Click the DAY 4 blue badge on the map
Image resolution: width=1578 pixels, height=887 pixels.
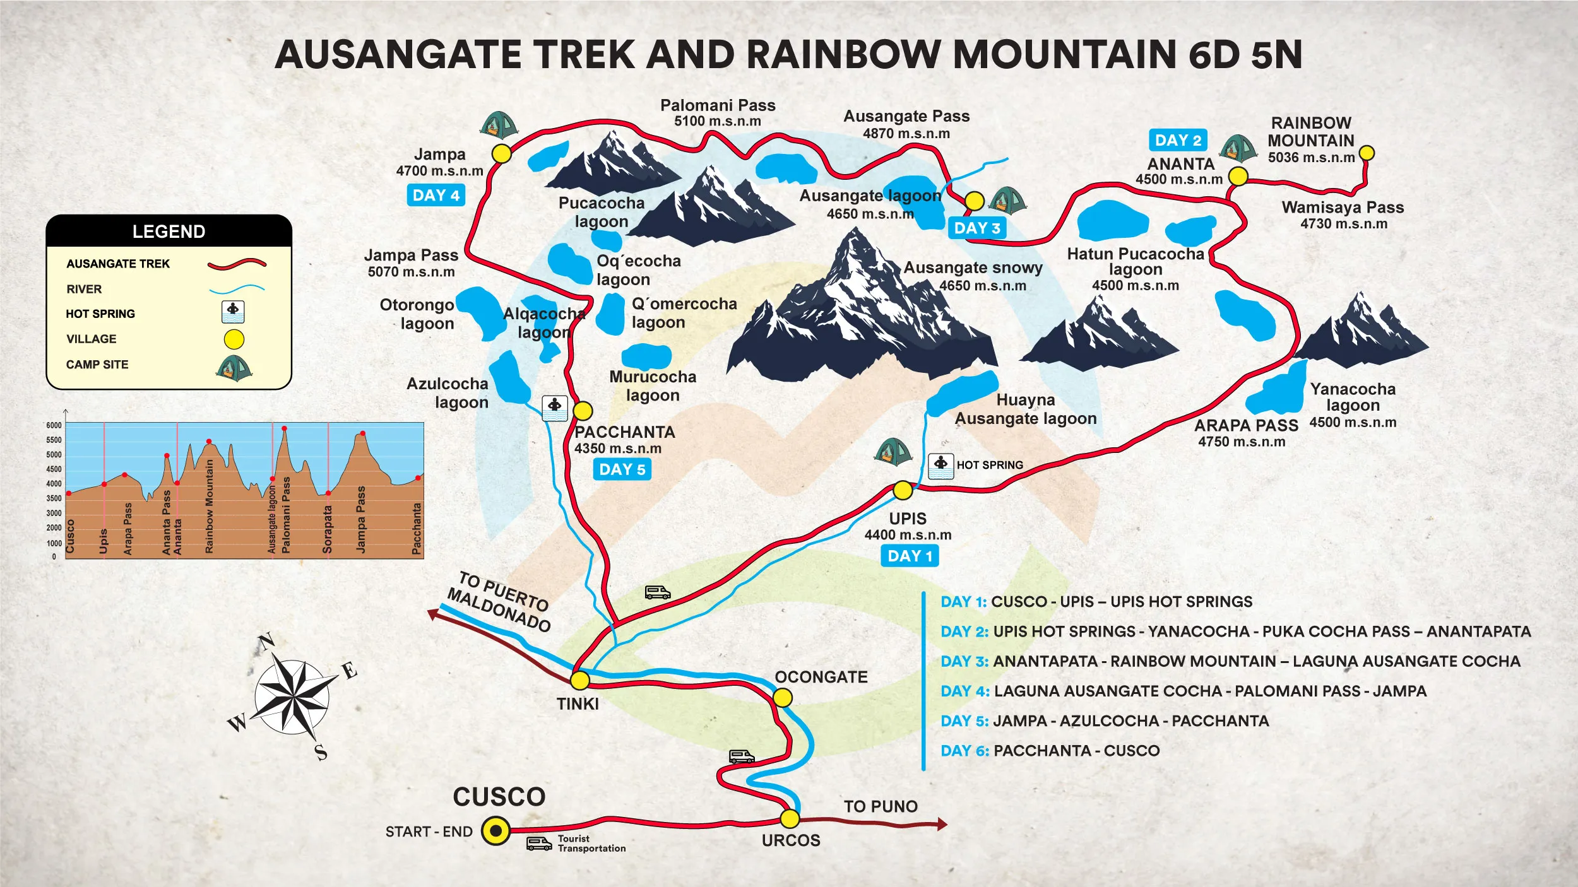click(436, 195)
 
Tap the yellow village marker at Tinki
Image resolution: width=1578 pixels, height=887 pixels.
click(579, 680)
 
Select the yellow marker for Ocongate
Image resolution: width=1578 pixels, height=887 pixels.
click(782, 697)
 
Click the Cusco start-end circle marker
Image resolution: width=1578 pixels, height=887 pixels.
click(496, 831)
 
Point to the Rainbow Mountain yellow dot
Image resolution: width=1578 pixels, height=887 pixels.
click(1366, 153)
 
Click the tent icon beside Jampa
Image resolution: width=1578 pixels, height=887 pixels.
click(498, 126)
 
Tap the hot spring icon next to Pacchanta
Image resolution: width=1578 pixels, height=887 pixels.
click(555, 408)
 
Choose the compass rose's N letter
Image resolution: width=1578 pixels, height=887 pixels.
click(267, 642)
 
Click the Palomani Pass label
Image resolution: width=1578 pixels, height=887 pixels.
click(718, 105)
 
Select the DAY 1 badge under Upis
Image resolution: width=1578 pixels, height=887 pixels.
click(910, 556)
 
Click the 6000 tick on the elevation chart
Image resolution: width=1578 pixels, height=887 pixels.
click(54, 425)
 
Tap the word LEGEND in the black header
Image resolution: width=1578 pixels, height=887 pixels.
click(169, 232)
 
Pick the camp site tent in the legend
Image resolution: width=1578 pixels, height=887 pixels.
click(234, 368)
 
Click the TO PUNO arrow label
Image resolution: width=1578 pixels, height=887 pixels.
click(881, 806)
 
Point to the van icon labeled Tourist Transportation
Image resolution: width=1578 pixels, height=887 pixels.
click(538, 843)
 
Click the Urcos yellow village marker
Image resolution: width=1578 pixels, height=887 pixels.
click(790, 819)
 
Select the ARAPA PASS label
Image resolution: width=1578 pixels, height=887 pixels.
click(1246, 426)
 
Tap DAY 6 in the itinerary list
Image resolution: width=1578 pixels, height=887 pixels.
click(964, 751)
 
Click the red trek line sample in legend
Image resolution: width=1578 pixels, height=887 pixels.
click(237, 264)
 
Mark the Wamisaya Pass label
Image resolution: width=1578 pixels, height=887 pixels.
click(1343, 208)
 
